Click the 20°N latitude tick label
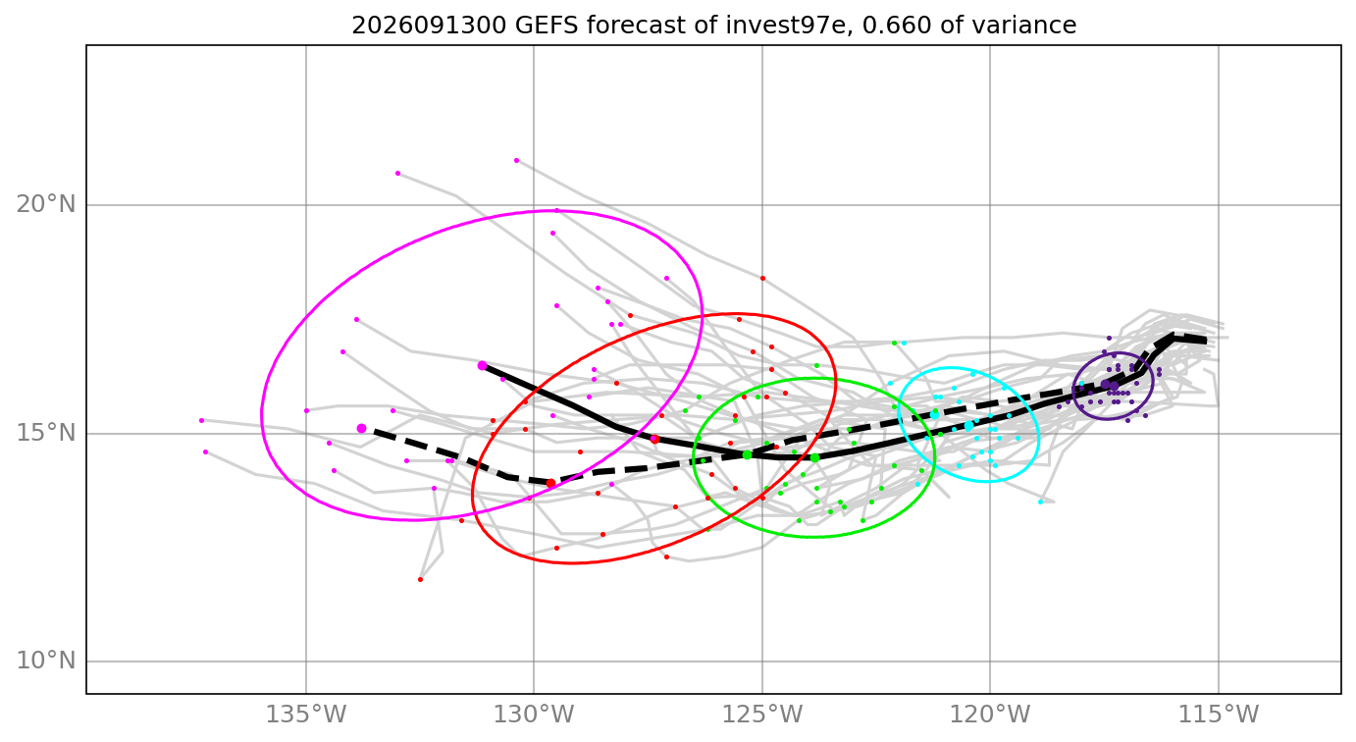point(46,205)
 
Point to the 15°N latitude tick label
point(46,434)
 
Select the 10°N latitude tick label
point(46,661)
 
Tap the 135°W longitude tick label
point(306,715)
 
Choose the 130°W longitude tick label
point(534,715)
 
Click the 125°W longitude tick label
point(762,715)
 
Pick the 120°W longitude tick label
point(990,715)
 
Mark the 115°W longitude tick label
point(1218,715)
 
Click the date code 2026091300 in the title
point(429,26)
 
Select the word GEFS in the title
point(549,26)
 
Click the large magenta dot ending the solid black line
point(482,366)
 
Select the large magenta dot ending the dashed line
point(361,428)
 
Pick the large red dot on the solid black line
point(654,439)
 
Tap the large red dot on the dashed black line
point(550,483)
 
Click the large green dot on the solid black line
point(814,458)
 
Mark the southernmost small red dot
point(420,580)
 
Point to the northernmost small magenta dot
point(516,161)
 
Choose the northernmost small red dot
point(762,279)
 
